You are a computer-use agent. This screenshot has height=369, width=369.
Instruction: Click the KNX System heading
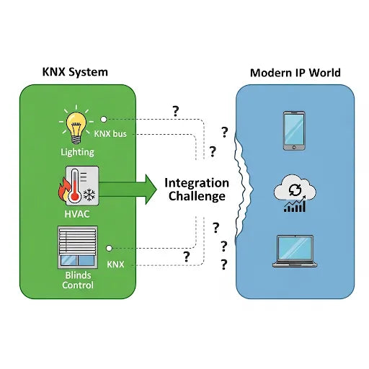[76, 73]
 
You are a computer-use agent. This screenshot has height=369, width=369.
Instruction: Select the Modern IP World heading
[295, 73]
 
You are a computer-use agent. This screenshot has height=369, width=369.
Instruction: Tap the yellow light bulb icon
[77, 123]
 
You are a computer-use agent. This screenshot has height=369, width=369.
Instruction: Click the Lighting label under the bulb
[77, 152]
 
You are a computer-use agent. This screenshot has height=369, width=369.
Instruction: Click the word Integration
[197, 182]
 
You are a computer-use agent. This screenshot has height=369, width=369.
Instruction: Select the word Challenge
[197, 197]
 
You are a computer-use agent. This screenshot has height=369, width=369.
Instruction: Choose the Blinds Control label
[77, 280]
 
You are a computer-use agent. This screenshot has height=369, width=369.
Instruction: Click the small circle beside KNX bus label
[105, 119]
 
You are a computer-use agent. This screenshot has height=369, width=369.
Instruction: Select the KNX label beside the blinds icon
[115, 264]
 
